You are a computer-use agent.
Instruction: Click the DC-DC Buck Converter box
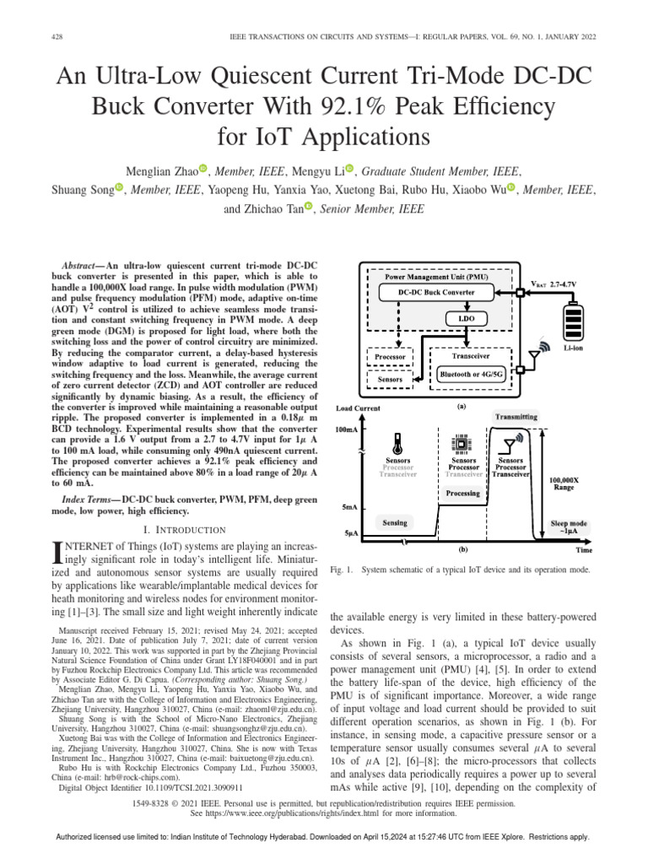[x=436, y=293]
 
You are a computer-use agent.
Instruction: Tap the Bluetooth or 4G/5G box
[x=471, y=371]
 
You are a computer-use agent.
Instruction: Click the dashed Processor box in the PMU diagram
[x=390, y=357]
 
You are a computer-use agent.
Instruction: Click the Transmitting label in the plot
[x=516, y=417]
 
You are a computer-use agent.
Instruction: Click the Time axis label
[x=583, y=549]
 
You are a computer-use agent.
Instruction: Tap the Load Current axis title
[x=358, y=408]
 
